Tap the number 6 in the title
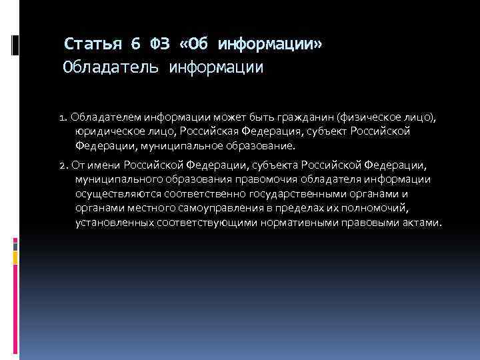[x=135, y=44]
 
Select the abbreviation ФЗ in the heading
[x=161, y=44]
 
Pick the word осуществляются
[x=114, y=193]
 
